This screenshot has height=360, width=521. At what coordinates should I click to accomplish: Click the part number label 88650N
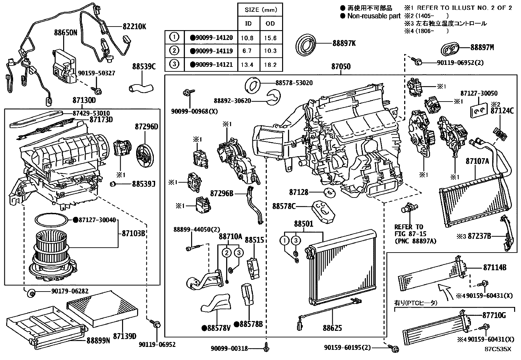65,33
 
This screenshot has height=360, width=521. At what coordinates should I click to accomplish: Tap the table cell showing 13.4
247,65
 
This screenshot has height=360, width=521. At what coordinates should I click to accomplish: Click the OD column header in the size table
270,24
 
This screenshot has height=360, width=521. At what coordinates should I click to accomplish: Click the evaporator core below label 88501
340,267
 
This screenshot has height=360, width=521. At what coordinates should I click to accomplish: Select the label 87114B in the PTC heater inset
494,268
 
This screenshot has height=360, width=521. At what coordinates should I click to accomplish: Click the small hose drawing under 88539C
141,87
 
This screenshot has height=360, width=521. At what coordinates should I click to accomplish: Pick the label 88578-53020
294,83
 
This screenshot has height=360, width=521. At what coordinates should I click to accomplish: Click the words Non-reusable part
374,16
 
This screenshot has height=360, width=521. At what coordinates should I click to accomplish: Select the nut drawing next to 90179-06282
31,293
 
